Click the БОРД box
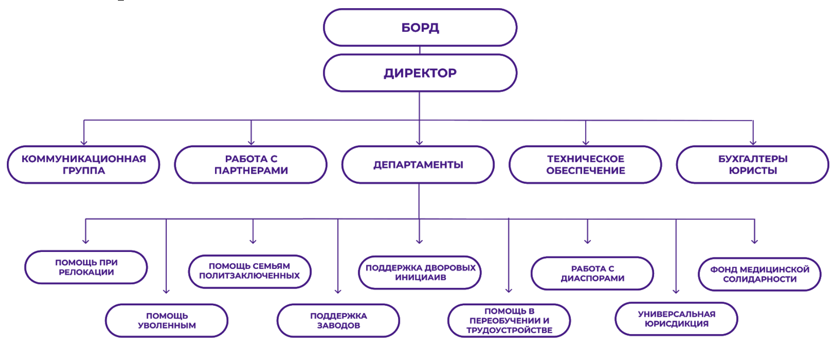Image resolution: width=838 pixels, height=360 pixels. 420,27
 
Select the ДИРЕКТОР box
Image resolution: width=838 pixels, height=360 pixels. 420,73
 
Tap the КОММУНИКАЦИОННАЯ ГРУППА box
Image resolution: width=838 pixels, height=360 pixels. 83,165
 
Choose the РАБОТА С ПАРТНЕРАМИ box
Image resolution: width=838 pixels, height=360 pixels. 251,165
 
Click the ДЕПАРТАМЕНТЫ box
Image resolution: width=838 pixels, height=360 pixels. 418,165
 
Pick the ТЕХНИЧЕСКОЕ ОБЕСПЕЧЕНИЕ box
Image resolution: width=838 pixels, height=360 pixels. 585,165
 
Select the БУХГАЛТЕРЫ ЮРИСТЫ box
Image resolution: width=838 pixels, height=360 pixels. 752,165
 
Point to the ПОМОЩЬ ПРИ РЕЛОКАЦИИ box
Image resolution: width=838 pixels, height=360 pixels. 86,267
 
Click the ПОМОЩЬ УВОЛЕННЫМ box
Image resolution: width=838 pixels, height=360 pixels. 167,320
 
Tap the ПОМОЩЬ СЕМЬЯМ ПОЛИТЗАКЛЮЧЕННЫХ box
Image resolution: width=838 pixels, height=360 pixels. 250,271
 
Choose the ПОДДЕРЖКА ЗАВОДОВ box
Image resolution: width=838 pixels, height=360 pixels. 338,320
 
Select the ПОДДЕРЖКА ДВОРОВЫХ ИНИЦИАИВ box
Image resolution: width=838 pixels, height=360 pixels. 420,272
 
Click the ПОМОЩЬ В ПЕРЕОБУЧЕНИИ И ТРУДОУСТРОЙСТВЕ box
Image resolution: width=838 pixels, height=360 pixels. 509,320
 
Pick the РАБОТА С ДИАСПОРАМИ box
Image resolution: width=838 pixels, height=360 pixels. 592,273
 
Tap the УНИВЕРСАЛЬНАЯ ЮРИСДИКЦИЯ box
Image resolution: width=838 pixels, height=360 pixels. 676,319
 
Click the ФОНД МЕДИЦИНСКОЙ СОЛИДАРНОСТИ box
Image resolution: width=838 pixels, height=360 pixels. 760,274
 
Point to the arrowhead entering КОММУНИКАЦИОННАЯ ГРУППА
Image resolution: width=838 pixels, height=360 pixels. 84,143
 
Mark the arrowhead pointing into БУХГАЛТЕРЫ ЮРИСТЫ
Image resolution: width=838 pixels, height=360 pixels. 753,143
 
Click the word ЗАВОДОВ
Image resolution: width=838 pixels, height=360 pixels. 338,325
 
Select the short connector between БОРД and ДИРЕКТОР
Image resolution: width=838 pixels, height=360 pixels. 420,50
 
